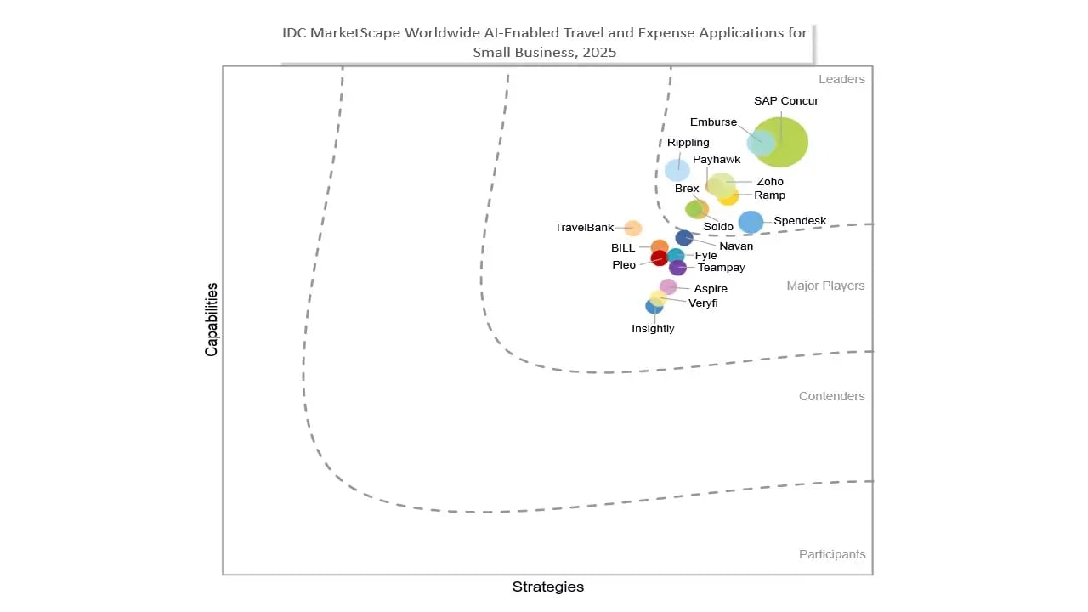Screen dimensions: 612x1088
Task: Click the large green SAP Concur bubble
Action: [782, 142]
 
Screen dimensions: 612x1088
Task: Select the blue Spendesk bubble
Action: [751, 222]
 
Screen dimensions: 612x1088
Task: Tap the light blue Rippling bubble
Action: [677, 170]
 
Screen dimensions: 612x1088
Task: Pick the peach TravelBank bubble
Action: [633, 228]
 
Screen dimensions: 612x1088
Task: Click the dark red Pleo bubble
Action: [659, 258]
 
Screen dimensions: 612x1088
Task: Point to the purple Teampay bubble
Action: [677, 268]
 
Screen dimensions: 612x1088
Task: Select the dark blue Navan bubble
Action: [684, 238]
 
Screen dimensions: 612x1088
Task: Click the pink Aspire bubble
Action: [668, 287]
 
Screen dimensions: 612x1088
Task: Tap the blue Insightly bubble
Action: [654, 306]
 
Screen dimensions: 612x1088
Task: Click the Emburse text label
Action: [713, 122]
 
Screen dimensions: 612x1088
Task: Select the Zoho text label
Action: [770, 182]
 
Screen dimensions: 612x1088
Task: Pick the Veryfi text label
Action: [703, 303]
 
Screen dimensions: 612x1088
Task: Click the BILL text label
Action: [623, 248]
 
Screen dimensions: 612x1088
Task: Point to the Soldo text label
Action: [718, 227]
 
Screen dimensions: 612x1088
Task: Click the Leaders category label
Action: [841, 79]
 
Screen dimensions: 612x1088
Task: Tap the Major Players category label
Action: [825, 286]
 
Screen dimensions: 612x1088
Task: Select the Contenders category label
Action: [831, 396]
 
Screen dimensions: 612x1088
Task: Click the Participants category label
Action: [832, 554]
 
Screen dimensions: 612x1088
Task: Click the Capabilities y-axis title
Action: [212, 320]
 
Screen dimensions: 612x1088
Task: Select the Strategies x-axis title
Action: [547, 586]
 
